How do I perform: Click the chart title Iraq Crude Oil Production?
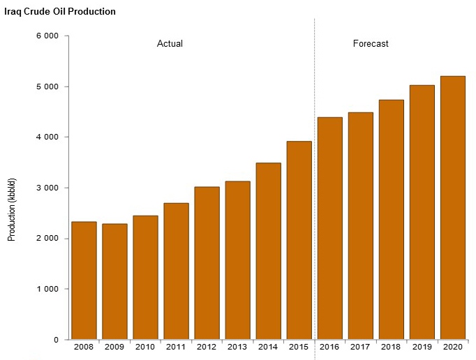coord(60,12)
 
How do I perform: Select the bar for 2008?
coord(84,280)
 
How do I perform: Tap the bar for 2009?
coord(114,282)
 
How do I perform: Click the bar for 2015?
coord(299,241)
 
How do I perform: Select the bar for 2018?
coord(391,220)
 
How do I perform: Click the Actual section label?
coord(170,44)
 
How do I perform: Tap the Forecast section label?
coord(371,44)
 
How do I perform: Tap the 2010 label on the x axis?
coord(145,346)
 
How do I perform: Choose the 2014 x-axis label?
coord(268,346)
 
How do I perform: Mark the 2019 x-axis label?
coord(422,346)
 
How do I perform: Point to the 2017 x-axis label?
coord(360,346)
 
